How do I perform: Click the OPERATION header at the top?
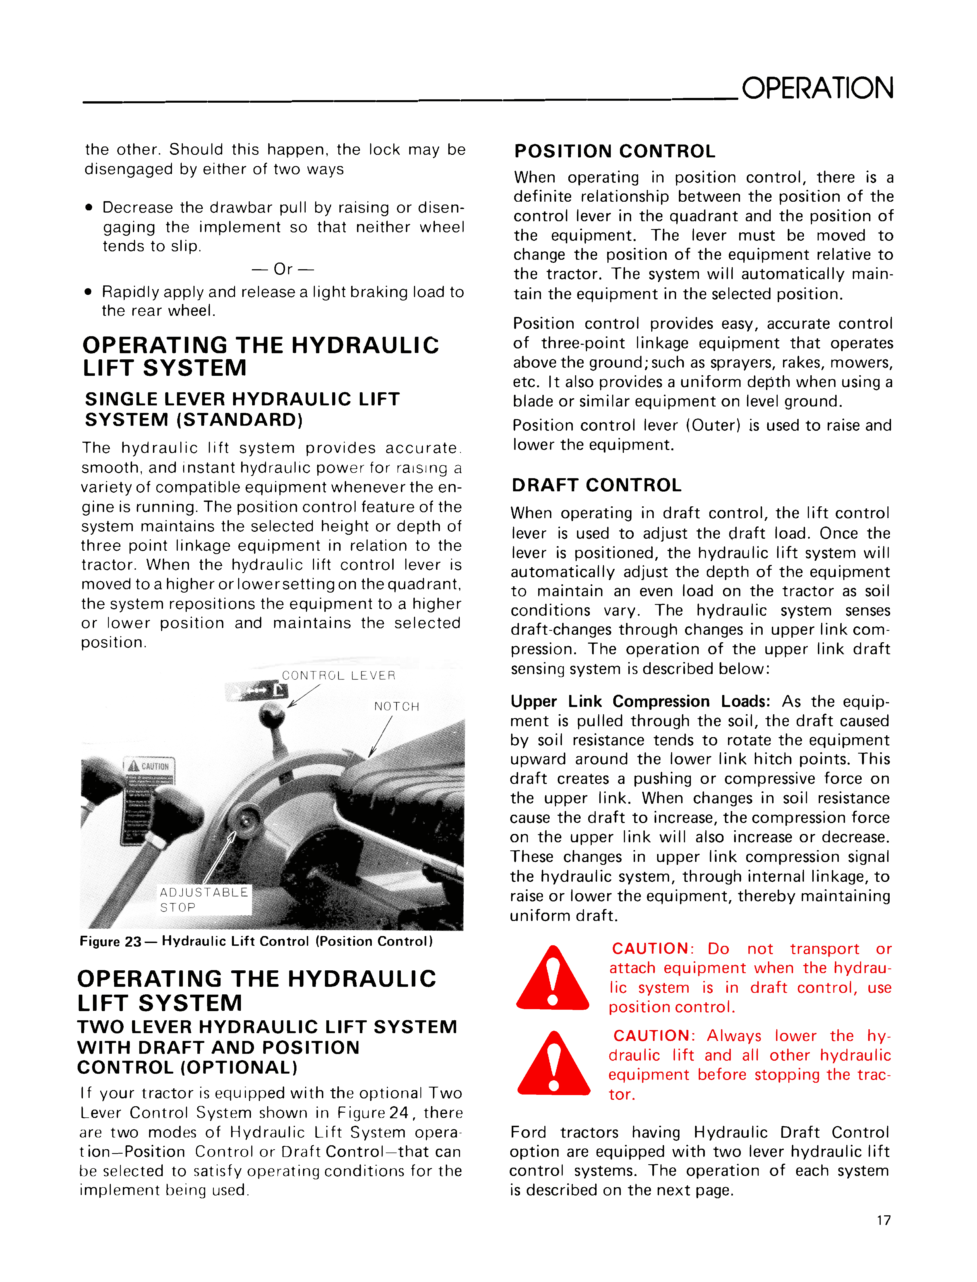pyautogui.click(x=817, y=88)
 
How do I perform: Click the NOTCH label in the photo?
pyautogui.click(x=397, y=707)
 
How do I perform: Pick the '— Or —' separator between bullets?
pyautogui.click(x=282, y=269)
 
